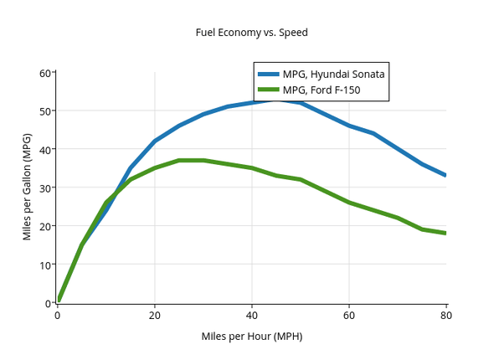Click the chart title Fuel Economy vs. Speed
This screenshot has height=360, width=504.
tap(251, 33)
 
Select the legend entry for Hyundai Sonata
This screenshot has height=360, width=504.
tap(333, 74)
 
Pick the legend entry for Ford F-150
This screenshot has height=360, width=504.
tap(321, 90)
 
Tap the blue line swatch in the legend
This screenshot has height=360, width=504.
tap(268, 74)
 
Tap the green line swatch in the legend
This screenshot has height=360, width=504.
tap(268, 90)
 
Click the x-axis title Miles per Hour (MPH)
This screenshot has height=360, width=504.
tap(251, 337)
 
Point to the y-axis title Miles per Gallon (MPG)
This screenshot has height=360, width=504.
tap(27, 187)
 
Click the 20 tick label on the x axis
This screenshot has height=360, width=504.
tap(155, 315)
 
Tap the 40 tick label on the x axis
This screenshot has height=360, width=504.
tap(252, 315)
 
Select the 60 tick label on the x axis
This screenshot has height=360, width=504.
tap(349, 315)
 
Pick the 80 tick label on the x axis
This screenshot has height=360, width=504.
tap(446, 315)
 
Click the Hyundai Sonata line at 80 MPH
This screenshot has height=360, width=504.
tap(445, 175)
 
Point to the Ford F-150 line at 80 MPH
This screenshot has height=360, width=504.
tap(445, 233)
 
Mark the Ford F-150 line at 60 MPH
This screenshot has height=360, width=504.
tap(349, 202)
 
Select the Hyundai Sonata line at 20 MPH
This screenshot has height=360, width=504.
tap(155, 141)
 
